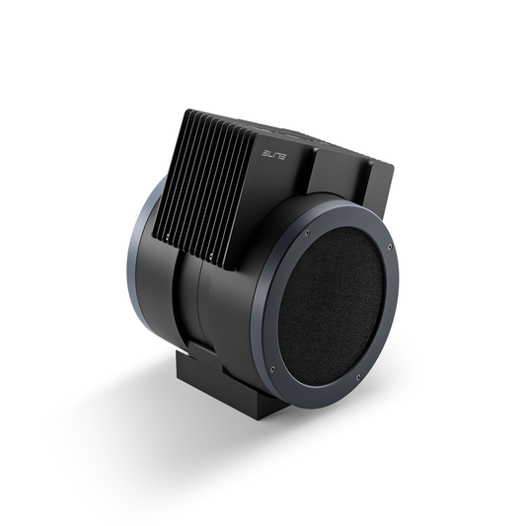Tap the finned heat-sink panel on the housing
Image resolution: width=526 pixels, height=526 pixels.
coord(212,178)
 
